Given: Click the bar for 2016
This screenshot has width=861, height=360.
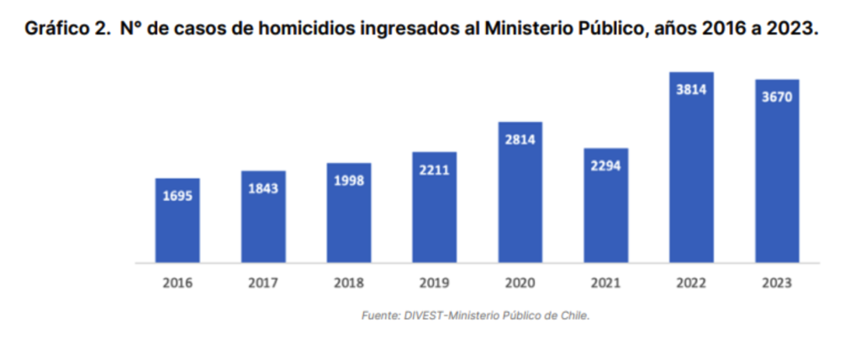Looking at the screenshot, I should [x=177, y=220].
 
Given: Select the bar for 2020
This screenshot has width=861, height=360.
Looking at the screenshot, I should [x=520, y=193].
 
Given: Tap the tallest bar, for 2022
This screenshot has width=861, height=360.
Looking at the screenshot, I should [x=691, y=167].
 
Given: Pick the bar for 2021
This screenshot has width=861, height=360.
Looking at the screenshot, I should [x=605, y=206].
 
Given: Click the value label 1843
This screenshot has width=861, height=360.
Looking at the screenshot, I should [x=263, y=189].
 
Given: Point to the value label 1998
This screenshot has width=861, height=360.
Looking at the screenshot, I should [x=349, y=181].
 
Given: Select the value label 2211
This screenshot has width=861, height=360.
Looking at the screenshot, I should [x=435, y=171].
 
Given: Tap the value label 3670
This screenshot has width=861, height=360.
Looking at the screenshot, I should [x=776, y=97].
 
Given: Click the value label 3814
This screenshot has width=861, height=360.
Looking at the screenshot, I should [x=691, y=89].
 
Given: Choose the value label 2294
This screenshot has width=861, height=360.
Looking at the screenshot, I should [x=605, y=167].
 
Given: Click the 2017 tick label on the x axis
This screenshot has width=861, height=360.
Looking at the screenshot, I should [x=263, y=283].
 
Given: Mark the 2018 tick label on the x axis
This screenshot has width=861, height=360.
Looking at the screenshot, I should [x=349, y=283].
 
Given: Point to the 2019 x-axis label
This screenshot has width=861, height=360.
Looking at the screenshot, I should [x=435, y=283].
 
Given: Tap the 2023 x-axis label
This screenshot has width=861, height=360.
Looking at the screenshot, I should [x=776, y=283].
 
